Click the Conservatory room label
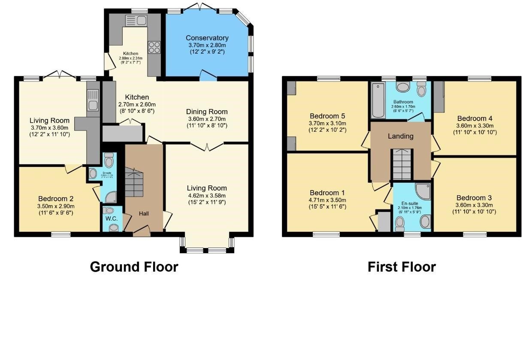(208, 38)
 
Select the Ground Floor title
(134, 267)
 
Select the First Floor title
(402, 267)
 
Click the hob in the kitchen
(154, 47)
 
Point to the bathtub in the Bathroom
(378, 100)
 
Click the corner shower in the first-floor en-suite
(423, 191)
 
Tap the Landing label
(400, 136)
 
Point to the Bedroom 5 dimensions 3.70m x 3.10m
(327, 123)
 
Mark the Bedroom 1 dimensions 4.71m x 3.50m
(327, 200)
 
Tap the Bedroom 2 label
(56, 199)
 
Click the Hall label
(143, 213)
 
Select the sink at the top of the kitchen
(136, 19)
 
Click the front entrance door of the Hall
(142, 233)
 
